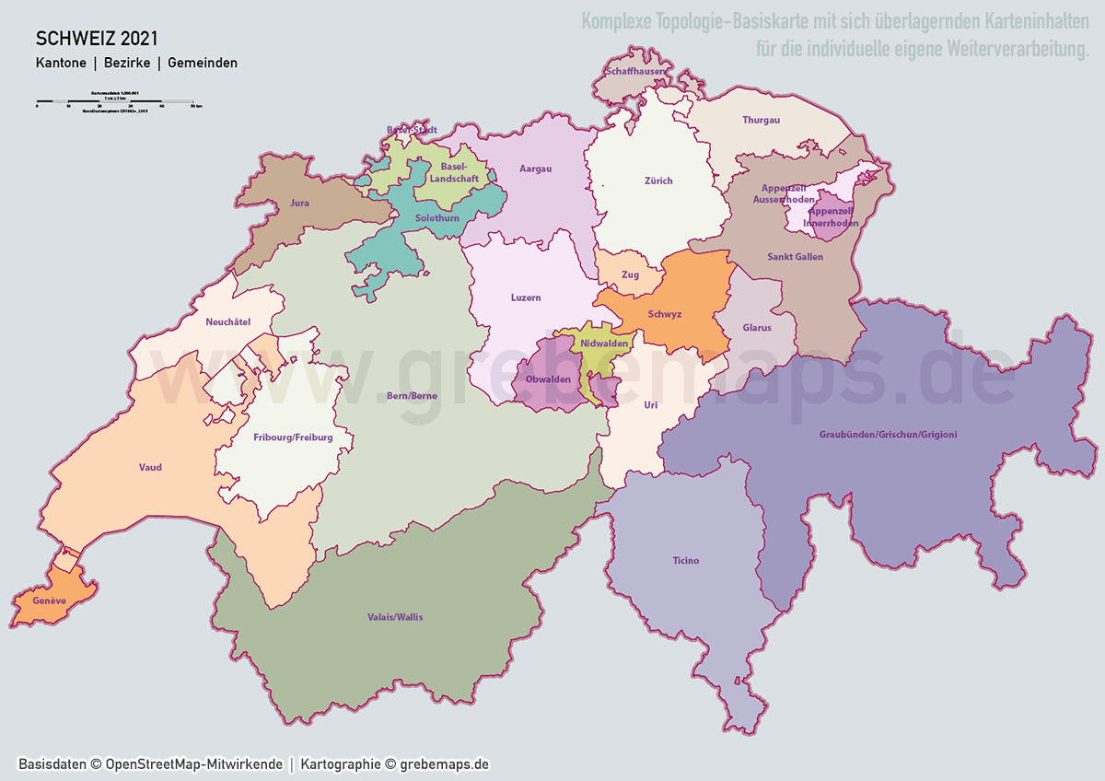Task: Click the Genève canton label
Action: pyautogui.click(x=49, y=600)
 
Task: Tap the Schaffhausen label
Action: pyautogui.click(x=634, y=71)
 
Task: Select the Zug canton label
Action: pyautogui.click(x=630, y=274)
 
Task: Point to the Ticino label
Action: pyautogui.click(x=685, y=560)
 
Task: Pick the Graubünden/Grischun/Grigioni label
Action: pyautogui.click(x=888, y=434)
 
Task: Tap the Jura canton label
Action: pyautogui.click(x=298, y=201)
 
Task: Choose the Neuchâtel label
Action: pyautogui.click(x=228, y=321)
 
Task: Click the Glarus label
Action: pyautogui.click(x=757, y=328)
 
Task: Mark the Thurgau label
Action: pyautogui.click(x=761, y=120)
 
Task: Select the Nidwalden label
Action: pyautogui.click(x=604, y=343)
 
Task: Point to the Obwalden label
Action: pyautogui.click(x=548, y=379)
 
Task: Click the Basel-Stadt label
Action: pyautogui.click(x=412, y=130)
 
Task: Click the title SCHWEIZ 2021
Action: pyautogui.click(x=97, y=39)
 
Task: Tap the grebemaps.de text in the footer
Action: pyautogui.click(x=444, y=764)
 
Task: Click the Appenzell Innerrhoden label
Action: pyautogui.click(x=832, y=217)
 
